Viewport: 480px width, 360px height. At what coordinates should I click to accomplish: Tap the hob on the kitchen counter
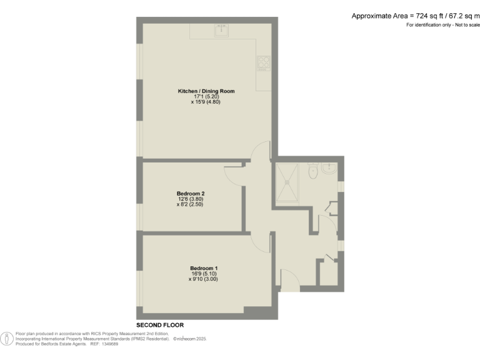click(262, 63)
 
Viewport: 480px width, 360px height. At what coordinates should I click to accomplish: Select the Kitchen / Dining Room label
click(206, 91)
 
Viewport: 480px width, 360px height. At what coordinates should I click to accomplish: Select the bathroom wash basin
click(329, 168)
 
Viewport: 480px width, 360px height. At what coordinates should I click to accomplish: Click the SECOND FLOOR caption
click(159, 326)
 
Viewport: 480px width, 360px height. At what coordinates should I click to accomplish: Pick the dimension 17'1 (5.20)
click(206, 97)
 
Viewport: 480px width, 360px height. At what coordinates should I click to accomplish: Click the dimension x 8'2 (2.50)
click(189, 204)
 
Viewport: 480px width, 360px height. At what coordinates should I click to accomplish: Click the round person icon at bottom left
click(7, 338)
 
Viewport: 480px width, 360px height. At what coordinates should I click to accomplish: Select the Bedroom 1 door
click(261, 244)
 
